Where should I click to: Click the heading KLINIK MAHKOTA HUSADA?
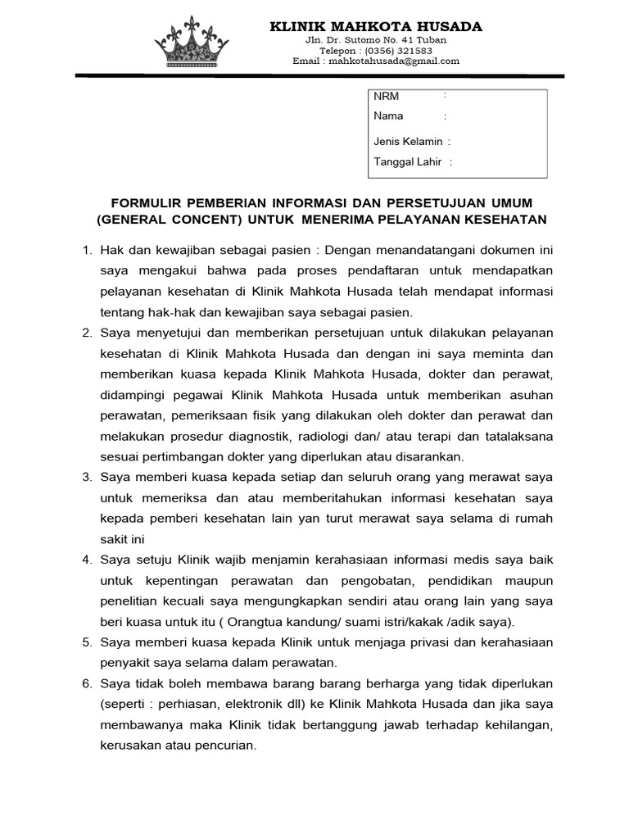coord(376,27)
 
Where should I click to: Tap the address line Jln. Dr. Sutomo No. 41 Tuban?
coord(376,39)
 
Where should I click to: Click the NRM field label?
coord(386,97)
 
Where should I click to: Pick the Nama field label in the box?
coord(388,116)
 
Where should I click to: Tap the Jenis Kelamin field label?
coord(408,142)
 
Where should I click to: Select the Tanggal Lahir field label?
coord(408,162)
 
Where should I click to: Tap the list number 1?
coord(88,249)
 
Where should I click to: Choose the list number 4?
coord(88,560)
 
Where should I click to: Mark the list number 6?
coord(88,683)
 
